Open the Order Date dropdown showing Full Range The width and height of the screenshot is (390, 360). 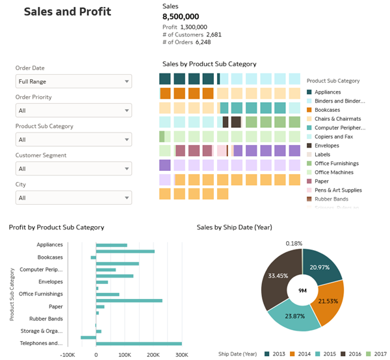pos(73,81)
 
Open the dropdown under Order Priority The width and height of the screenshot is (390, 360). pos(73,110)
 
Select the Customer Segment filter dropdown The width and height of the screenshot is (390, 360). pos(73,169)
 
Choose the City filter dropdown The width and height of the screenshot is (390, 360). pos(73,198)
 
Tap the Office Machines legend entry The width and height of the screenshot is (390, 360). pos(334,172)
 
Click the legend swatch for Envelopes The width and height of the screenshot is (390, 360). pos(309,146)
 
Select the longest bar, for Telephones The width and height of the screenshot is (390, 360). pos(138,343)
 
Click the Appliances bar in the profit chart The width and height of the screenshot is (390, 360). pos(111,245)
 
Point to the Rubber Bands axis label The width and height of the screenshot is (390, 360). pos(46,318)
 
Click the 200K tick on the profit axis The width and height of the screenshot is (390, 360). pos(153,355)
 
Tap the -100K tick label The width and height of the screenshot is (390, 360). pos(68,355)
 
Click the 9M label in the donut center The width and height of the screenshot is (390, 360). pos(302,290)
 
